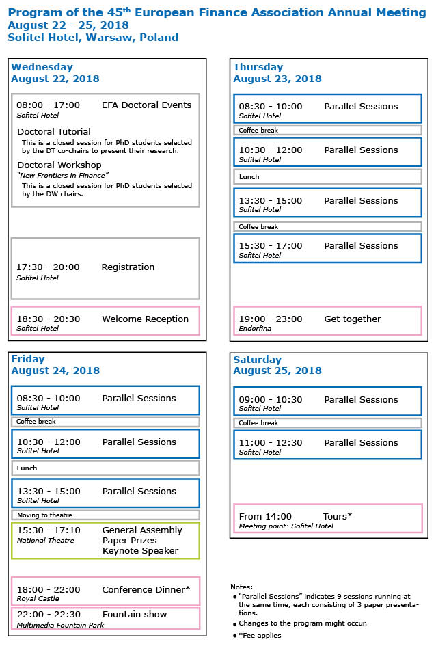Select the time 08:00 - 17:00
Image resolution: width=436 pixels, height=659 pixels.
tap(48, 105)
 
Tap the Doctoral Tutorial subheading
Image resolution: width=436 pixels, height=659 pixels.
tap(54, 131)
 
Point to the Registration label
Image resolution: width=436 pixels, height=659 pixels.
tap(128, 267)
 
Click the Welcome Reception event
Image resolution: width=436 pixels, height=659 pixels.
tap(145, 319)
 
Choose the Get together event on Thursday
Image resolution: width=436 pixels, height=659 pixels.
tap(352, 319)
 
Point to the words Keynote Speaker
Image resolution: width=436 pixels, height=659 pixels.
tap(140, 551)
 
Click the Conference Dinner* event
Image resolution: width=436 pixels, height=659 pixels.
tap(146, 590)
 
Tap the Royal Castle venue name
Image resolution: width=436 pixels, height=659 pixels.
tap(38, 599)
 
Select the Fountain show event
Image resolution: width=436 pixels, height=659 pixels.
tap(134, 615)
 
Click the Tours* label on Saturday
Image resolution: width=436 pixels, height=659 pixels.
tap(337, 517)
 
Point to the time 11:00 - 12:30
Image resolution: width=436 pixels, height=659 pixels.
tap(270, 443)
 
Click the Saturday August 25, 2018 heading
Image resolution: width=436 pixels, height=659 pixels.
tap(277, 365)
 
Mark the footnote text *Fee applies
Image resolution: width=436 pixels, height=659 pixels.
tap(260, 636)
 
